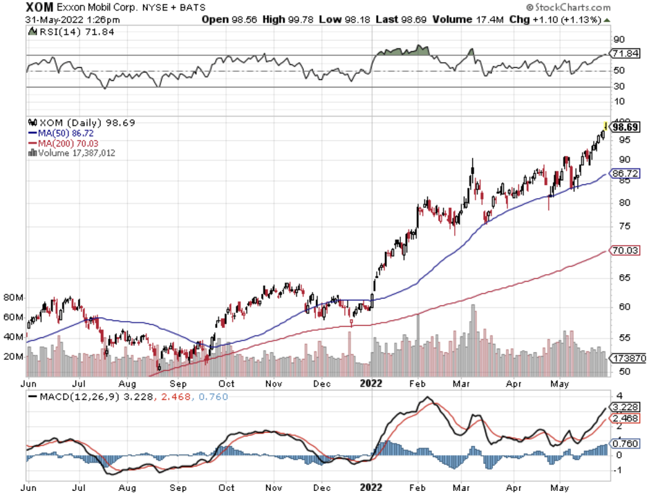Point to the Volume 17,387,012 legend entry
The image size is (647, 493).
click(x=72, y=152)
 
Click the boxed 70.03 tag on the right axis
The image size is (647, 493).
click(x=626, y=250)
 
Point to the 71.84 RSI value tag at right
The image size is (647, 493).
click(x=626, y=53)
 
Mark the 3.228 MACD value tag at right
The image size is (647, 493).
click(x=626, y=407)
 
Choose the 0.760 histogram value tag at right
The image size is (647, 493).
click(x=626, y=444)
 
